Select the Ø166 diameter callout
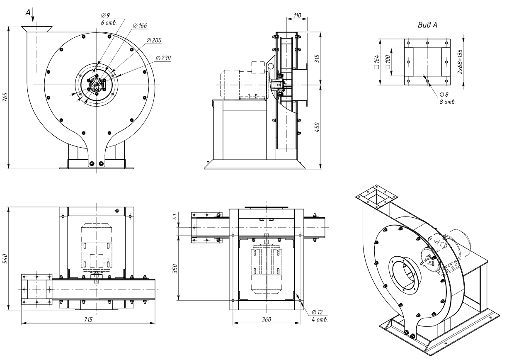[140, 26]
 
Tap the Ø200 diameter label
[154, 40]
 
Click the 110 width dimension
[297, 15]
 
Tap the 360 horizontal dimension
[266, 320]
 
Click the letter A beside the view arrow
[28, 13]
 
